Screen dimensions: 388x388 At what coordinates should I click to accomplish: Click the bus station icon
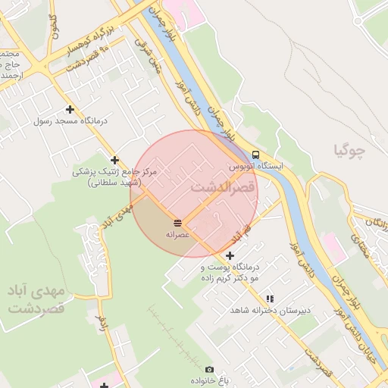coord(255,154)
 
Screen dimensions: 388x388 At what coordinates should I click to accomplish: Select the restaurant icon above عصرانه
coord(177,222)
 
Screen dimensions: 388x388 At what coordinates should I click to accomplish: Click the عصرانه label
coord(177,235)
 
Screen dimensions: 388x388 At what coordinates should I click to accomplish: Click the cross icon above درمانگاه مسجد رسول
coord(70,109)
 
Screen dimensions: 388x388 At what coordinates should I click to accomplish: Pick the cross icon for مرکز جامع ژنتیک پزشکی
coord(114,160)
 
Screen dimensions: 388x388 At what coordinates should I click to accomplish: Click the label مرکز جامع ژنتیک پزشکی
coord(114,177)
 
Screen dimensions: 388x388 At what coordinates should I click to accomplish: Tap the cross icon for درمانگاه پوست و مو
coord(230,255)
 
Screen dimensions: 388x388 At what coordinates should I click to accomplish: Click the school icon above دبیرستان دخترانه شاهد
coord(270,299)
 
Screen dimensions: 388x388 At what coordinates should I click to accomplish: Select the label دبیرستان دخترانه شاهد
coord(261,311)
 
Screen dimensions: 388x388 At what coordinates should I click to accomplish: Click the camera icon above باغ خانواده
coord(209,369)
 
